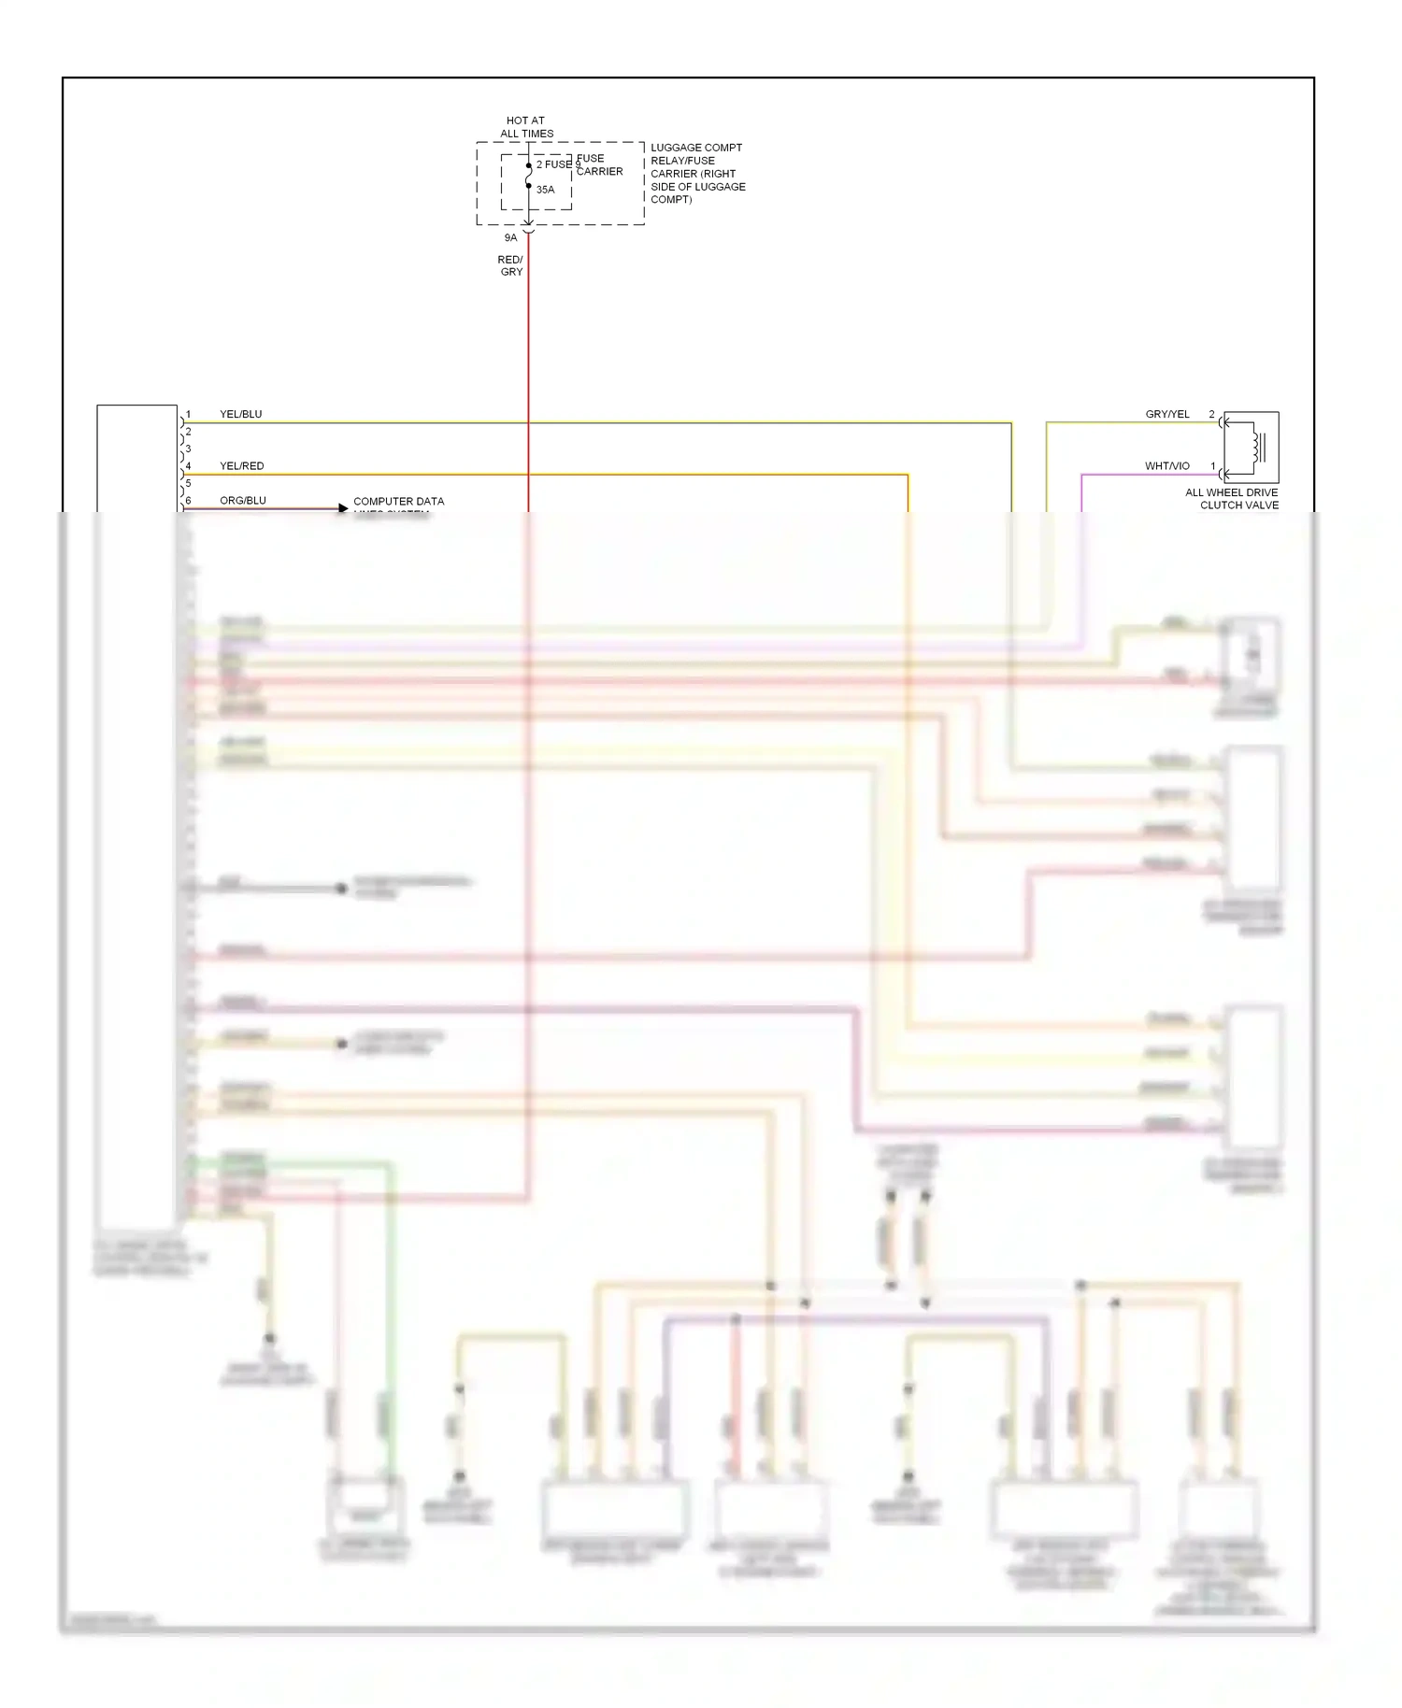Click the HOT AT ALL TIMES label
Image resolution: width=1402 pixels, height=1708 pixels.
(x=526, y=127)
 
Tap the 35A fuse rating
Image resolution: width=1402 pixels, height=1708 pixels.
(x=545, y=190)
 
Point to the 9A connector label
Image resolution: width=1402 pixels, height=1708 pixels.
(x=510, y=237)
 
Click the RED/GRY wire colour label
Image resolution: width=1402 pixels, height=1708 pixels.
(x=510, y=265)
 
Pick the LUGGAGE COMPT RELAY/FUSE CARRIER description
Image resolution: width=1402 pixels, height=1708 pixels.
(x=697, y=173)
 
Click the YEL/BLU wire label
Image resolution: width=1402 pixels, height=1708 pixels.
(x=240, y=414)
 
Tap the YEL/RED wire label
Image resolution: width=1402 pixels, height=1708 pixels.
(x=241, y=465)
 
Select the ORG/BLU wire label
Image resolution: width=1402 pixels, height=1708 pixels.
(x=242, y=501)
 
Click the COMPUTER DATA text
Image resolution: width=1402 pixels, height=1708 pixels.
(x=398, y=502)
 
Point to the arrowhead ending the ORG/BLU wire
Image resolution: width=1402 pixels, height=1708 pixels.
(x=343, y=508)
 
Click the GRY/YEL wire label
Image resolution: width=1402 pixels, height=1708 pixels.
(x=1167, y=414)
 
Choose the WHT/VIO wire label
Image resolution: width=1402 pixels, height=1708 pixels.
(x=1167, y=465)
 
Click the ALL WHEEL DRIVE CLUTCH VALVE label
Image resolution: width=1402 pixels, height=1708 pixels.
(x=1231, y=499)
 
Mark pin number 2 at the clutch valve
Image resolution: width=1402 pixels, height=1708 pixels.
(x=1211, y=414)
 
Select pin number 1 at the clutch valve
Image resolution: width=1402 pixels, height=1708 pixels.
(x=1213, y=465)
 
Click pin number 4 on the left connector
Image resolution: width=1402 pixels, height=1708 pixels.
(x=188, y=465)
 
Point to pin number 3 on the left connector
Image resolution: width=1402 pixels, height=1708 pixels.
(x=188, y=448)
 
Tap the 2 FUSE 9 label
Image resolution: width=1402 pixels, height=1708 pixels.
(x=558, y=164)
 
